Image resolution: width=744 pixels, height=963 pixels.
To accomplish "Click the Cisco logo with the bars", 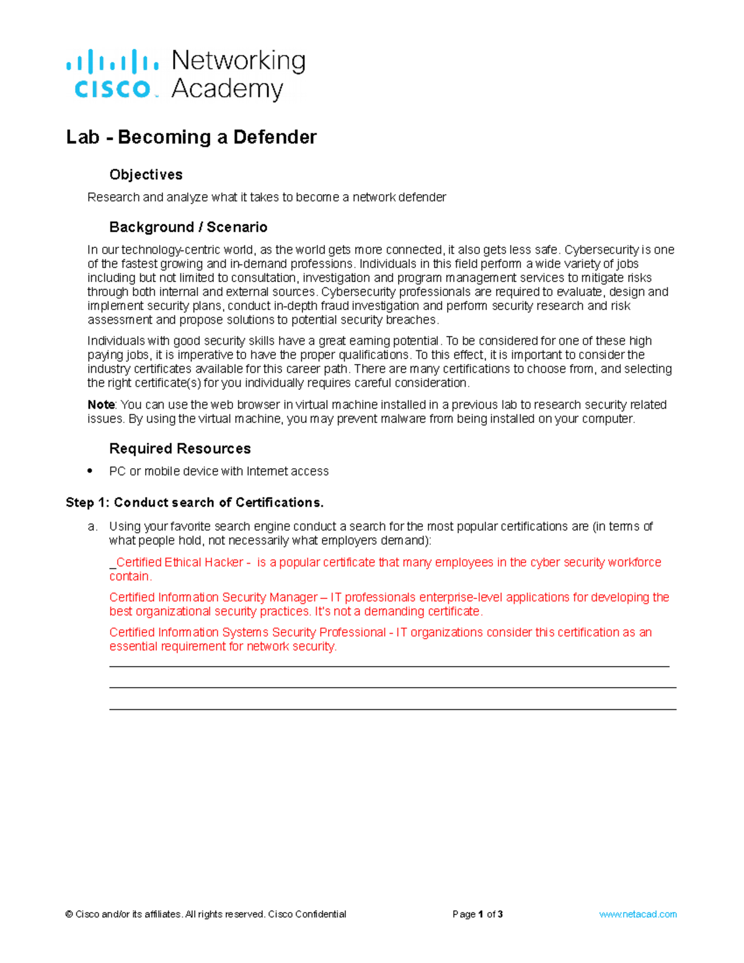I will [112, 74].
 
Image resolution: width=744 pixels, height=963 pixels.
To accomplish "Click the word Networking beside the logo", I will [238, 61].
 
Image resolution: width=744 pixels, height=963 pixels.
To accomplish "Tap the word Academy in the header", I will [227, 89].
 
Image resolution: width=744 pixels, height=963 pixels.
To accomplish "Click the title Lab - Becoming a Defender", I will [191, 137].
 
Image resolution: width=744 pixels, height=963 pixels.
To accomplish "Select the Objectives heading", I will [146, 175].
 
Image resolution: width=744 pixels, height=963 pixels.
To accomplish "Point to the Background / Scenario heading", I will [188, 227].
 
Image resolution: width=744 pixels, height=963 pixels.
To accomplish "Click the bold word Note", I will [100, 405].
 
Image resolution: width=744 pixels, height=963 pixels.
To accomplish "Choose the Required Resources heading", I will [180, 448].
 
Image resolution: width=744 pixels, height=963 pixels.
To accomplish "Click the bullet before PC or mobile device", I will [91, 471].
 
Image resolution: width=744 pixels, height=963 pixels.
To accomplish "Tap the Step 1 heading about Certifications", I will [195, 502].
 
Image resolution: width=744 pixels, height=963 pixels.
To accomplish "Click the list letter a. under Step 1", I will [92, 526].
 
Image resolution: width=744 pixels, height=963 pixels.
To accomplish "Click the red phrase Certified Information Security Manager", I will [213, 597].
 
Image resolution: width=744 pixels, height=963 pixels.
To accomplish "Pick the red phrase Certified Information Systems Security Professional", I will [247, 632].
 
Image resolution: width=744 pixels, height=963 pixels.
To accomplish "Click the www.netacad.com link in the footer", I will [637, 914].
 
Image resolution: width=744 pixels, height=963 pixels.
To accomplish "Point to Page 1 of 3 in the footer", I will [477, 914].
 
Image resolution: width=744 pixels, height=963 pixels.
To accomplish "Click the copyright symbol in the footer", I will [69, 914].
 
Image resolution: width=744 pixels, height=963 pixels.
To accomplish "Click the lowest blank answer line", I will [392, 709].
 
